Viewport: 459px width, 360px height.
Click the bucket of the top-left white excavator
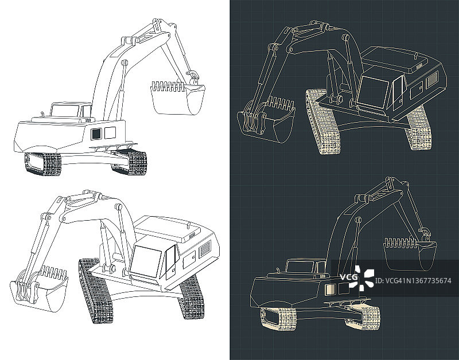coord(177,98)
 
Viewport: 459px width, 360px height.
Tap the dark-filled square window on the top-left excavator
coord(96,134)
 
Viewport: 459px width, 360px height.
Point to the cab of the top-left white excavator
coord(71,109)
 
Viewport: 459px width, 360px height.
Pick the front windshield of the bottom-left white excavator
coord(146,261)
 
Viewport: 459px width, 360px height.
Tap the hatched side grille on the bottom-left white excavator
coord(205,249)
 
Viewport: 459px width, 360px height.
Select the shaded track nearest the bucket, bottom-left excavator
coord(96,291)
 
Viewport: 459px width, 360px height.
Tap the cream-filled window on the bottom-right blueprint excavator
coord(329,289)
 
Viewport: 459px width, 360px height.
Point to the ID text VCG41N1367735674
coord(413,281)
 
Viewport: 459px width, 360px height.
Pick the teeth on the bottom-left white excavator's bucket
coord(53,272)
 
